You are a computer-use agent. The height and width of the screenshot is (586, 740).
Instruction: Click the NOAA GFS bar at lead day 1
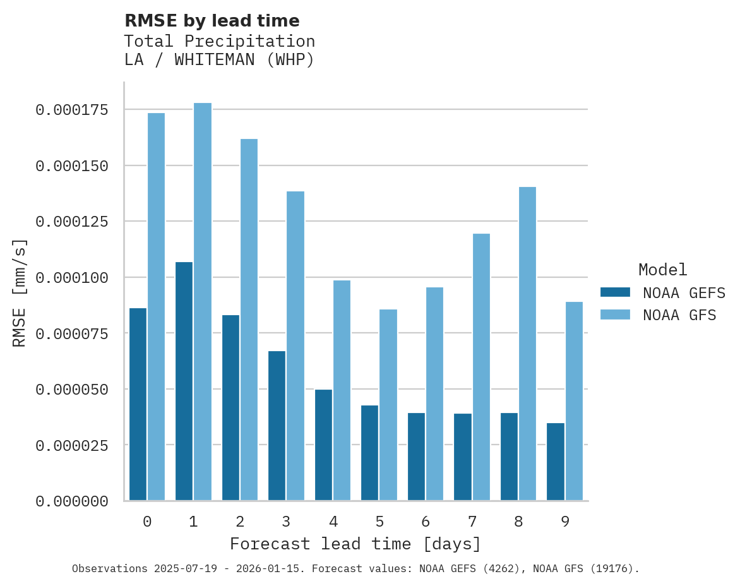(203, 302)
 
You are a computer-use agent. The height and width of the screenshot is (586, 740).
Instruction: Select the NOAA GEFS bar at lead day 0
(138, 404)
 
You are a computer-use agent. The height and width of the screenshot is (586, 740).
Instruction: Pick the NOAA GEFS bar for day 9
(556, 462)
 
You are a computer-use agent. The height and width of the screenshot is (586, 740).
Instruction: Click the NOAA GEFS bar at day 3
(277, 426)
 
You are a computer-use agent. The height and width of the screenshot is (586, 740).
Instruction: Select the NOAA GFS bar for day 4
(342, 390)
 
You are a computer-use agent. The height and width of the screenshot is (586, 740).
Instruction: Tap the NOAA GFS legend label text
(679, 315)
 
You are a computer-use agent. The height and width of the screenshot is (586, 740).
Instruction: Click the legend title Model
(662, 270)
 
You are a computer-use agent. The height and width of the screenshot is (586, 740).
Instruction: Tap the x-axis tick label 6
(426, 522)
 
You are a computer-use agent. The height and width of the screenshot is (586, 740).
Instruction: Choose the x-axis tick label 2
(240, 522)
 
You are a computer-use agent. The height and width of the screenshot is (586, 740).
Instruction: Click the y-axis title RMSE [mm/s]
(20, 292)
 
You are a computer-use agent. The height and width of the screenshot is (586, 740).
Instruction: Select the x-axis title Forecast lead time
(355, 544)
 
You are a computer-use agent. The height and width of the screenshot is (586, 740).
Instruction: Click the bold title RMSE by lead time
(212, 21)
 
